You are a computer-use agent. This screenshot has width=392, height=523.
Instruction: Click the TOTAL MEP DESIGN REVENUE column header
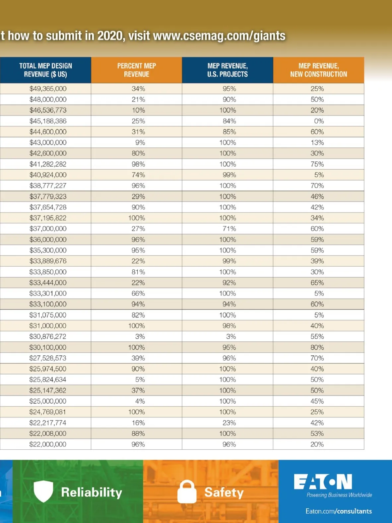[x=45, y=70]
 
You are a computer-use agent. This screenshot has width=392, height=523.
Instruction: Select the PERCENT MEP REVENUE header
[x=136, y=70]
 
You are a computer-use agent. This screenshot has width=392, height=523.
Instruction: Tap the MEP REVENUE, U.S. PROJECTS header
[x=228, y=70]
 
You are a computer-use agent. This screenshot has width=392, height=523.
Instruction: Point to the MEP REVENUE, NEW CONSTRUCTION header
[x=318, y=70]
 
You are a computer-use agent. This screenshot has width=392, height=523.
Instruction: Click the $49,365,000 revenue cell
[x=48, y=89]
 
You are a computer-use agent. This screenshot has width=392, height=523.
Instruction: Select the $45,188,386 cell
[x=48, y=121]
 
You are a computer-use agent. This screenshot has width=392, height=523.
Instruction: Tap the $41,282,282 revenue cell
[x=48, y=164]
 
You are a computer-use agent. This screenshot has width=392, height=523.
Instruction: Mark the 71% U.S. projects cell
[x=229, y=228]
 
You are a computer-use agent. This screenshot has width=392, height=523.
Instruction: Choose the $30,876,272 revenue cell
[x=48, y=336]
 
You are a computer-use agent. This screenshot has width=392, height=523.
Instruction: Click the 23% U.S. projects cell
[x=229, y=423]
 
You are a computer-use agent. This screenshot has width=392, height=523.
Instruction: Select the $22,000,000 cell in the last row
[x=48, y=444]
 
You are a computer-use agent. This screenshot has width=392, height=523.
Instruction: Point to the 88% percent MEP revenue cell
[x=138, y=433]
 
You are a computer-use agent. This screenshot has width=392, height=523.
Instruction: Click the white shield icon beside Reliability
[x=43, y=491]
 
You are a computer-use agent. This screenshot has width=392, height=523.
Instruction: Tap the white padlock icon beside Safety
[x=187, y=492]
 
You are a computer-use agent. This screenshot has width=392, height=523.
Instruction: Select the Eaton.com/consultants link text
[x=339, y=511]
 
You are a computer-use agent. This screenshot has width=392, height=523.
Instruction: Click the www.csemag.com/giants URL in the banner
[x=219, y=36]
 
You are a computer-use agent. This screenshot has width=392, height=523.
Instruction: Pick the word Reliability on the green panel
[x=92, y=492]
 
